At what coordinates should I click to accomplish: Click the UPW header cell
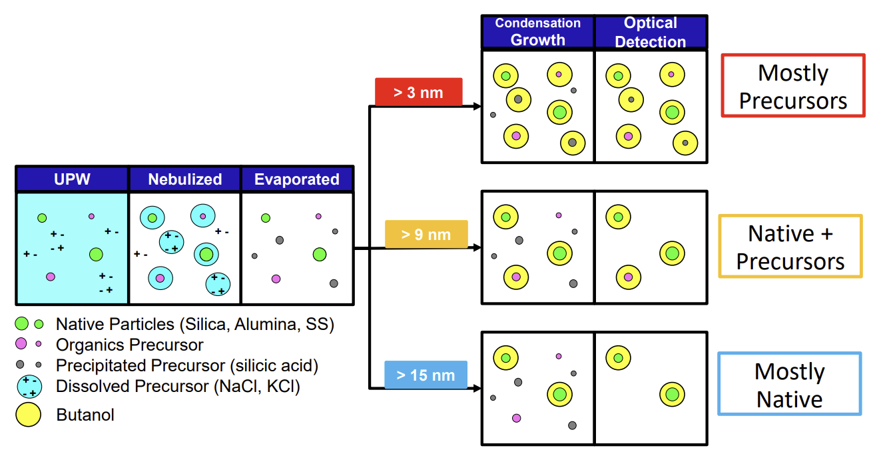(x=72, y=179)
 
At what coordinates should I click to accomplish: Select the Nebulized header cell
(x=184, y=179)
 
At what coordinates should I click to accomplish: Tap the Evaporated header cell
(x=297, y=179)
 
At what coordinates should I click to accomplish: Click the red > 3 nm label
(x=418, y=92)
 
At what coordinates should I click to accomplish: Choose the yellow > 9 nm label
(x=426, y=234)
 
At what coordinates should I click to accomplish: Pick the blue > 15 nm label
(x=426, y=375)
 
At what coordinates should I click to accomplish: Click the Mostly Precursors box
(x=793, y=86)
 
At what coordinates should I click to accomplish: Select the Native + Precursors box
(x=790, y=247)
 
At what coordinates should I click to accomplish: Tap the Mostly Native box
(x=790, y=384)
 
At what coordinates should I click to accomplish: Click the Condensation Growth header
(x=537, y=32)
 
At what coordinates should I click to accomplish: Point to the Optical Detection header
(x=651, y=32)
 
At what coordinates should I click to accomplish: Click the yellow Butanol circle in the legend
(x=29, y=415)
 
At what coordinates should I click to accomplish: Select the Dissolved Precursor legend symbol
(x=29, y=386)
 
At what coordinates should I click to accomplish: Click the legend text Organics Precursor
(x=130, y=345)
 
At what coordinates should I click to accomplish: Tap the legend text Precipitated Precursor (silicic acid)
(x=187, y=365)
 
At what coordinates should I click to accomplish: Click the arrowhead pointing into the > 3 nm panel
(x=477, y=107)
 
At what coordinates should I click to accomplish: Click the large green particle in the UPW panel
(x=96, y=254)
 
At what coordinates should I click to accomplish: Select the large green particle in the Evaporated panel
(x=320, y=254)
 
